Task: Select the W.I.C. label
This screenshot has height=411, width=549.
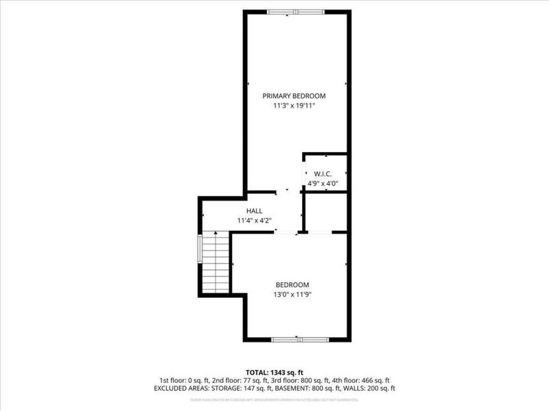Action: (x=324, y=173)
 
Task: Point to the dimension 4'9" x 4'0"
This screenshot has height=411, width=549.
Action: (x=324, y=183)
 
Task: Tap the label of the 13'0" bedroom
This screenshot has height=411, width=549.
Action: (x=292, y=285)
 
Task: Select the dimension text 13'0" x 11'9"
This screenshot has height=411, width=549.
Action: (x=292, y=295)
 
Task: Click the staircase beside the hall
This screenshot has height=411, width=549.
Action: (x=215, y=264)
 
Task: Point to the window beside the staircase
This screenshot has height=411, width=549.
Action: (x=200, y=249)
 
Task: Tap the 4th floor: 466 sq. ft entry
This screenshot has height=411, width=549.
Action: (x=367, y=379)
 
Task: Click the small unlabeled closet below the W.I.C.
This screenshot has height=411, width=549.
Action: (x=325, y=212)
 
